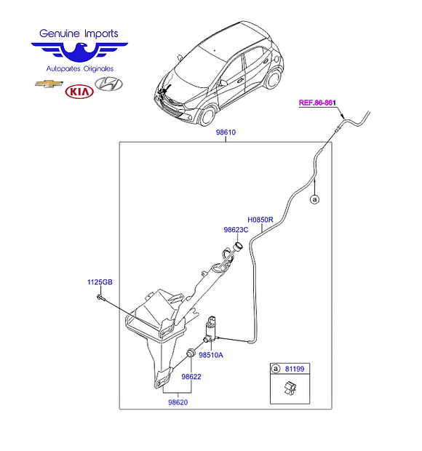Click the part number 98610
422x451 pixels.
(226, 132)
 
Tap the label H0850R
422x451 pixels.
(260, 220)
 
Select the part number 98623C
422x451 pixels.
(236, 230)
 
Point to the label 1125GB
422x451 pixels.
(100, 282)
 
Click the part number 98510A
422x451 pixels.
(211, 355)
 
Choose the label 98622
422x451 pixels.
(191, 377)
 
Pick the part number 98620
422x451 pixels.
(178, 402)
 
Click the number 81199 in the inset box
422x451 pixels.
(295, 369)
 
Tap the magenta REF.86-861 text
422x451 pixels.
(317, 103)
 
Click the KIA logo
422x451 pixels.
(79, 92)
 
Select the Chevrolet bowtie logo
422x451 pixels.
(49, 84)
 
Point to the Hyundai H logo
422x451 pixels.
(108, 84)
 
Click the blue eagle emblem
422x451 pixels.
(79, 52)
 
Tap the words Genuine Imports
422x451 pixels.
(79, 33)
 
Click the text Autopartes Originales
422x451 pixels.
(80, 69)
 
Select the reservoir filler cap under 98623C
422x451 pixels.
(238, 247)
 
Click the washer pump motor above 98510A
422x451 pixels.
(211, 328)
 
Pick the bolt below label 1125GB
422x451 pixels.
(100, 297)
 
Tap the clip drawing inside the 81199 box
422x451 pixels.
(290, 388)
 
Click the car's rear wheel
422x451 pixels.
(273, 79)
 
